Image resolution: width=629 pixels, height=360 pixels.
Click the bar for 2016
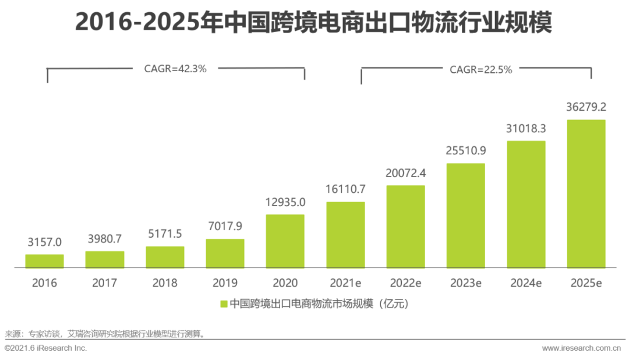[x=44, y=261]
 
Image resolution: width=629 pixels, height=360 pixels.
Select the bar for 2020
[x=285, y=241]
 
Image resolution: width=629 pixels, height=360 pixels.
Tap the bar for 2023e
[x=466, y=216]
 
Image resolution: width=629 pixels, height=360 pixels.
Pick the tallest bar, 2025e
[x=586, y=193]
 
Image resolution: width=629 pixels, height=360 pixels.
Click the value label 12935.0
[x=285, y=202]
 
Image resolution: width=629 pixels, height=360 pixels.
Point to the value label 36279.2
[x=586, y=107]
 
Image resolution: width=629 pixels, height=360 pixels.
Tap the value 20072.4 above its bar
[x=406, y=173]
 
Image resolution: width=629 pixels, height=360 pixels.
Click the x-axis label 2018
[x=165, y=283]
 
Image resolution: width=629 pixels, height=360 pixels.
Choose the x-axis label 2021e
[x=345, y=283]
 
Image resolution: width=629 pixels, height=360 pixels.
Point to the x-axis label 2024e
[x=526, y=283]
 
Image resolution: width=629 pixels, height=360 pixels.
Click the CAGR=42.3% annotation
[x=175, y=68]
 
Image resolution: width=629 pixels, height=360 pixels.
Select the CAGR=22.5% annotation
[x=480, y=69]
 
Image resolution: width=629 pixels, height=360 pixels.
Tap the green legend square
[x=223, y=303]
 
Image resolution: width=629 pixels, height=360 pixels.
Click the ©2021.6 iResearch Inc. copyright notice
[x=45, y=348]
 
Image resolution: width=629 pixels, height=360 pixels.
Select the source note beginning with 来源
[x=105, y=334]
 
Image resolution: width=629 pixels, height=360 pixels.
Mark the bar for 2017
[x=105, y=259]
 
